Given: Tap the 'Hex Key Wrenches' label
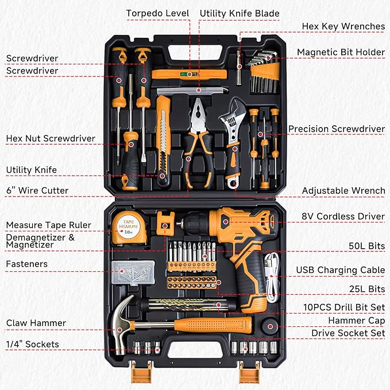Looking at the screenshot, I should [x=343, y=26].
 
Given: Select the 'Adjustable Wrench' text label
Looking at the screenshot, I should [x=343, y=190].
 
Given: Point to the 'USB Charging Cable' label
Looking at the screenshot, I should [x=340, y=270].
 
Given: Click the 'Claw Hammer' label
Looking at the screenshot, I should [x=36, y=323].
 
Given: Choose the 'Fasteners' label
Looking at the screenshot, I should [x=26, y=264].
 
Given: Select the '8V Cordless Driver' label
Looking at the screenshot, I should [x=343, y=217].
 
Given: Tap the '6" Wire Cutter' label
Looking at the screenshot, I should [x=37, y=190].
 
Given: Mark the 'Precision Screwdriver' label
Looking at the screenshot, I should [x=336, y=129].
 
